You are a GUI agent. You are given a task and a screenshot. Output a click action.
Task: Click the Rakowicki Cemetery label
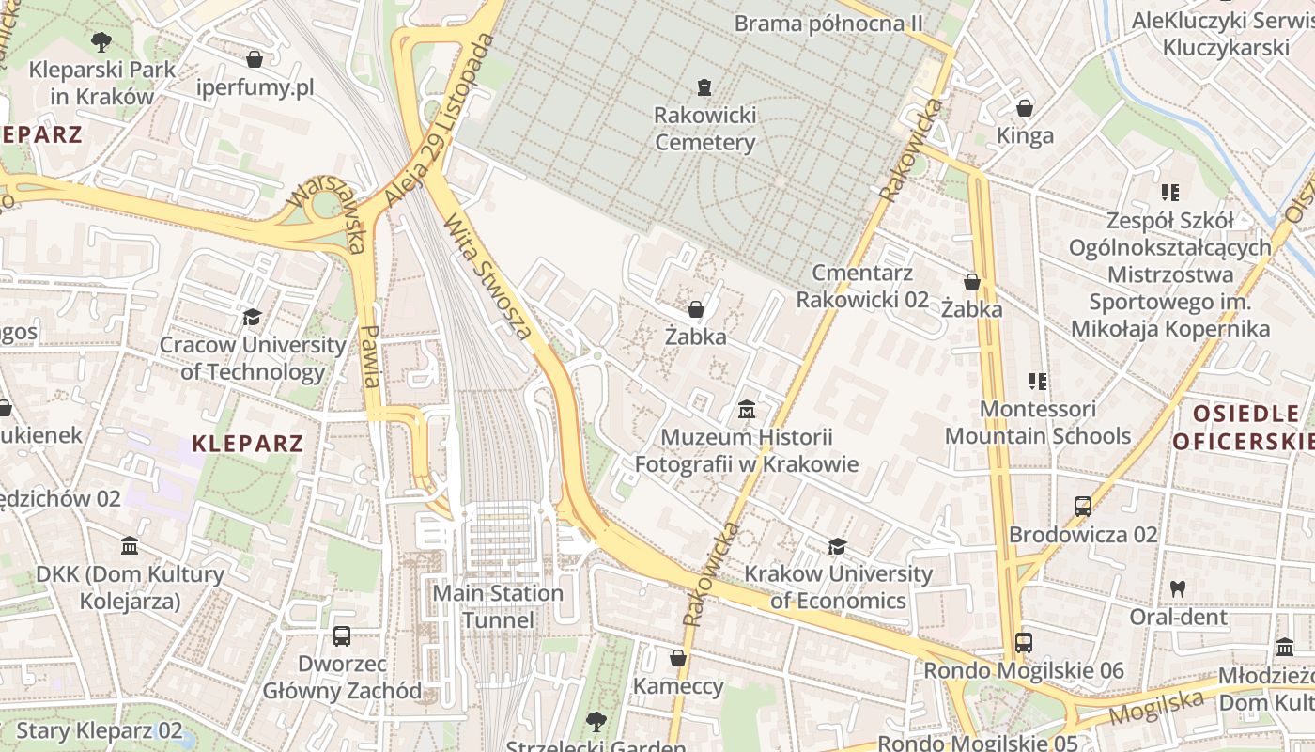coord(704,129)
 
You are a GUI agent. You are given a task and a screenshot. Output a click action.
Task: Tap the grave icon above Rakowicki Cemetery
coord(704,87)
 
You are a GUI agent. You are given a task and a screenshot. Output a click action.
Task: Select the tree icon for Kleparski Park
coord(101,41)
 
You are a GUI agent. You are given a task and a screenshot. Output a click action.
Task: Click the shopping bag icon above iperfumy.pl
coord(255,60)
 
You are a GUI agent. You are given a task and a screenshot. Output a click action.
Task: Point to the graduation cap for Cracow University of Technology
coord(252,317)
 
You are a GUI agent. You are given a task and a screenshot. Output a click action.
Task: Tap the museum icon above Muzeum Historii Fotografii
coord(747,410)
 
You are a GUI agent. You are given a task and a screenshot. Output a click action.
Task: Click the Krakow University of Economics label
coord(838,587)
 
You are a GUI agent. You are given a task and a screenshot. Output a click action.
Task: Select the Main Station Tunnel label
coord(498,606)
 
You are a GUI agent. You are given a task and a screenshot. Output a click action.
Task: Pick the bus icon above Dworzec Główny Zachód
coord(342,636)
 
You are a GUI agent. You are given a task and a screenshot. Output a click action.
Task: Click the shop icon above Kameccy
coord(677,658)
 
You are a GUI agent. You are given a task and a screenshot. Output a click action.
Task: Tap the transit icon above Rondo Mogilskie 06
coord(1024,643)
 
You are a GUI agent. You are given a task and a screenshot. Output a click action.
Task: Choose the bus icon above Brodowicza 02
coord(1082,507)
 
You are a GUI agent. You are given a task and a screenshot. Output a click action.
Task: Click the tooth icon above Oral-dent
coord(1178,589)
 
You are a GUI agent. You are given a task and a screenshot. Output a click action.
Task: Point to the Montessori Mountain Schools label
coord(1037,423)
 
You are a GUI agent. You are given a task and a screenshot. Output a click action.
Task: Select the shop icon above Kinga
coord(1025,108)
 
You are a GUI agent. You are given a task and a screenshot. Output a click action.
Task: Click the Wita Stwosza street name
coord(487,276)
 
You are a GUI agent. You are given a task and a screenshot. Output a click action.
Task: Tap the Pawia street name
coord(371,356)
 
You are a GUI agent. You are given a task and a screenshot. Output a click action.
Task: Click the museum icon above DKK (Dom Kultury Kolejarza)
coord(130,546)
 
